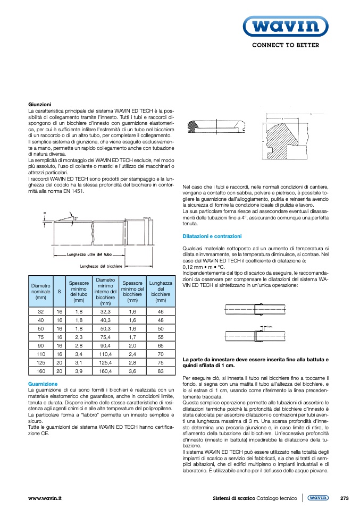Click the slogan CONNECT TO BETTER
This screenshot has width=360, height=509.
click(285, 45)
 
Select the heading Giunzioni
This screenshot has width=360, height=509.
click(39, 104)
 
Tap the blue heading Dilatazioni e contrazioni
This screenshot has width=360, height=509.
click(212, 236)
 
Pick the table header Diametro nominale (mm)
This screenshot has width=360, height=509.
click(40, 292)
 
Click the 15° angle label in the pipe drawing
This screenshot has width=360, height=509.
click(74, 218)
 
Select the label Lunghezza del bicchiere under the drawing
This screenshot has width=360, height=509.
click(101, 266)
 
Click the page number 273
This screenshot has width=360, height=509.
click(344, 498)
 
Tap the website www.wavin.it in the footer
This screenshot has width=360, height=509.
click(45, 498)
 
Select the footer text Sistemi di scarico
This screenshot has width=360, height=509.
click(234, 498)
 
